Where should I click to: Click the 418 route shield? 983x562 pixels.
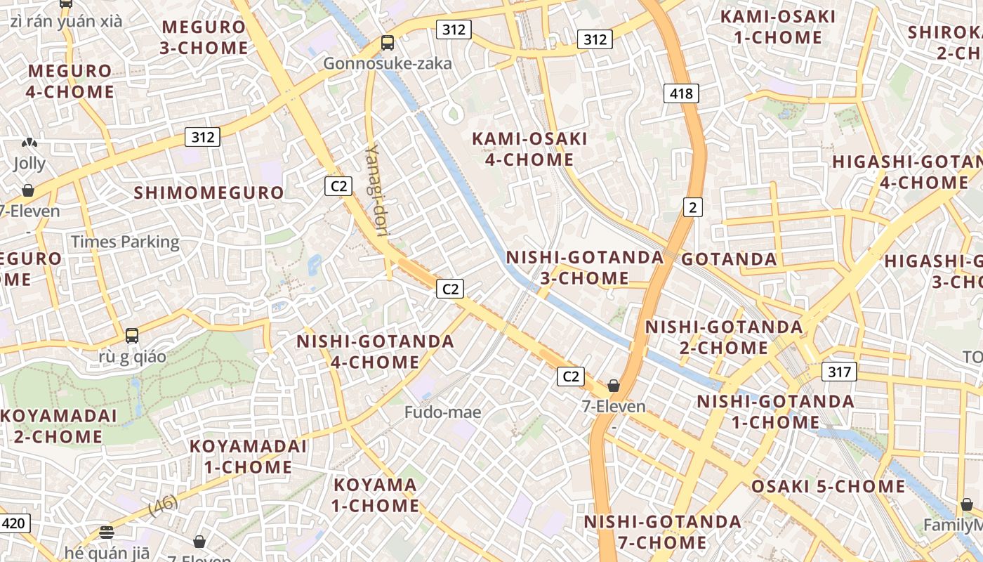tap(680, 93)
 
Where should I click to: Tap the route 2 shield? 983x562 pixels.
tap(692, 207)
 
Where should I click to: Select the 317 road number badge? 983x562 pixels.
tap(839, 372)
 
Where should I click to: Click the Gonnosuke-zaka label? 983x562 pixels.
tap(388, 64)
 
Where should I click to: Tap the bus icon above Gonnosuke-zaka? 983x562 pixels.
tap(388, 43)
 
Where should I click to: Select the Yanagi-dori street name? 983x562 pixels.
tap(376, 189)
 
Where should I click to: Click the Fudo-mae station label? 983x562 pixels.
tap(442, 412)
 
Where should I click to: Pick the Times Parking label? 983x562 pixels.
tap(125, 242)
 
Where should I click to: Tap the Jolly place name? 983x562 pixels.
tap(29, 164)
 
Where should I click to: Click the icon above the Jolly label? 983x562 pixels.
tap(29, 143)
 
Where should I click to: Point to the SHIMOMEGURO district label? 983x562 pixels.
tap(209, 192)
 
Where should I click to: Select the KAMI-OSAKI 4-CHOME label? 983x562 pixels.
tap(529, 149)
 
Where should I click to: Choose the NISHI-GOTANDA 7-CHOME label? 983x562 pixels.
tap(662, 532)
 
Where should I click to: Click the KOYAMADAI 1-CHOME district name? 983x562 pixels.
tap(248, 457)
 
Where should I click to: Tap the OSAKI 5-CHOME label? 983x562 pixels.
tap(828, 486)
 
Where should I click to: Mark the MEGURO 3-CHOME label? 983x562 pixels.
tap(204, 38)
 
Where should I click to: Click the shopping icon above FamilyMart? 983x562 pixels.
tap(967, 504)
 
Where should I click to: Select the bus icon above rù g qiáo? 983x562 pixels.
tap(132, 336)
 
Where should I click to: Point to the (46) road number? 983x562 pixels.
tap(163, 506)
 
